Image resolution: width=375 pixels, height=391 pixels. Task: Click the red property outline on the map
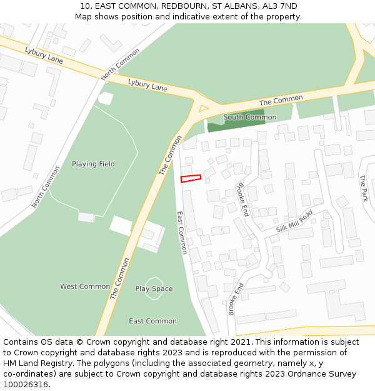point(191,178)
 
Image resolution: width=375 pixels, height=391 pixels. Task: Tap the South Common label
point(250,117)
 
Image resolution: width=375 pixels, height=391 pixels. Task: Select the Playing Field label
point(93,164)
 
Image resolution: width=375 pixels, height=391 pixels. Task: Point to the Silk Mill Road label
point(294,221)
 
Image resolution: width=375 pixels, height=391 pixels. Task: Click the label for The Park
point(364,188)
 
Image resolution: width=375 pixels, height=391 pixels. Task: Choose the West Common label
point(85,287)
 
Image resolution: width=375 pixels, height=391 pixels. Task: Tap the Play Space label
point(154,289)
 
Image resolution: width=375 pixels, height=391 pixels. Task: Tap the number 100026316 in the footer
point(25,385)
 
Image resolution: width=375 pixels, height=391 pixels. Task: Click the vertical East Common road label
point(182,232)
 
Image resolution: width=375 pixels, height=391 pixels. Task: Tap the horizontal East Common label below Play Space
point(152,321)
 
